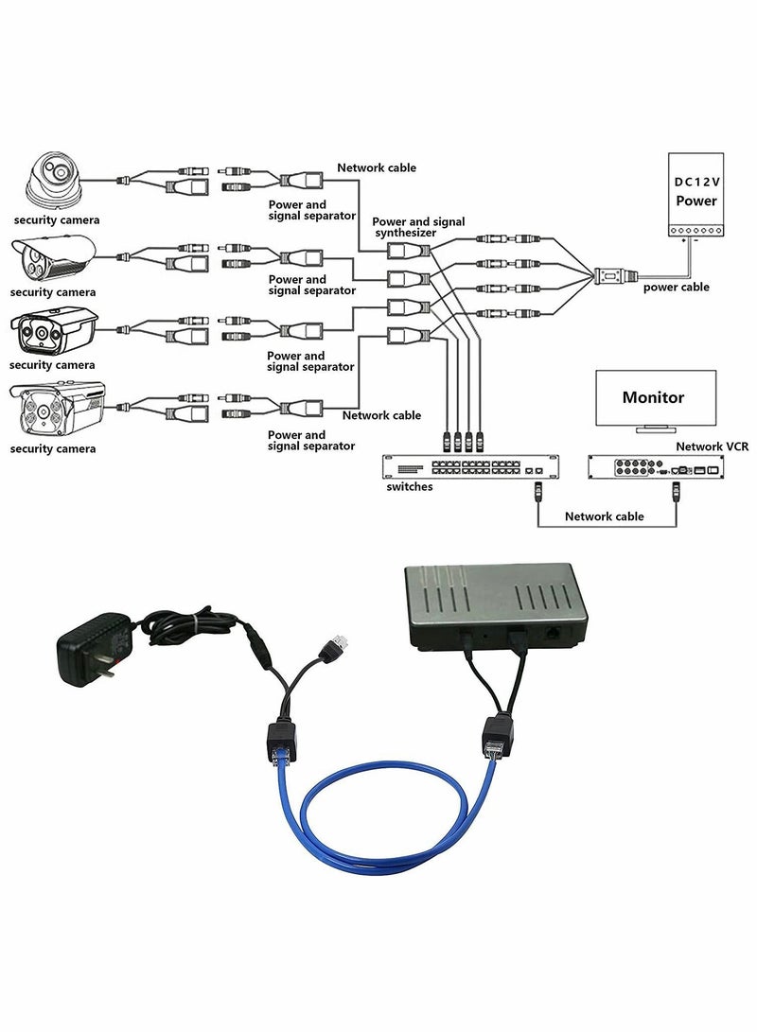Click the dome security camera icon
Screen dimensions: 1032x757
(54, 181)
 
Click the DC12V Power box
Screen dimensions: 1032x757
(695, 193)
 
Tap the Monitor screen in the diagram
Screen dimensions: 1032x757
(653, 398)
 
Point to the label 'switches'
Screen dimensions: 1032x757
(409, 487)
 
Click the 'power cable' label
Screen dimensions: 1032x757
(676, 288)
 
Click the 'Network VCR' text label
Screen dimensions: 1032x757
(713, 446)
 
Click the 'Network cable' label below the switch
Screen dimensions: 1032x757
(604, 516)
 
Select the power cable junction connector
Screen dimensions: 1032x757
(607, 276)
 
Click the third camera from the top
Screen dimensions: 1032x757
(53, 331)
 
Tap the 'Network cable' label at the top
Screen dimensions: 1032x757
(377, 167)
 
